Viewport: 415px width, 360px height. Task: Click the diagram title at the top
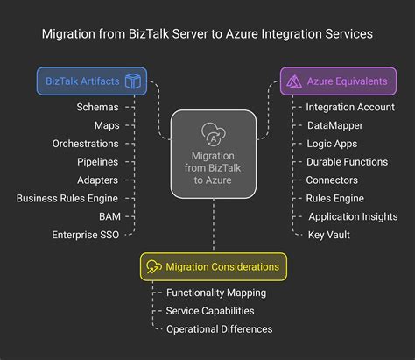tap(207, 33)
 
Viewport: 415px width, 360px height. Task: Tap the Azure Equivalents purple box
tap(338, 81)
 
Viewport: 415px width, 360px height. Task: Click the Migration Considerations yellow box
tap(213, 266)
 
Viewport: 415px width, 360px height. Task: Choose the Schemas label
tap(98, 107)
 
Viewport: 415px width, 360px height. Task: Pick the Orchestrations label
tap(85, 144)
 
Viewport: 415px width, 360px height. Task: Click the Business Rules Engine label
tap(67, 198)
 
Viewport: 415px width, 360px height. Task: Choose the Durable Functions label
tap(347, 161)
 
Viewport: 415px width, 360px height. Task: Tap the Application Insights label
tap(353, 216)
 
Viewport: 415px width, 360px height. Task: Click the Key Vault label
tap(328, 235)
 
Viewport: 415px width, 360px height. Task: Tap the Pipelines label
tap(97, 161)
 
